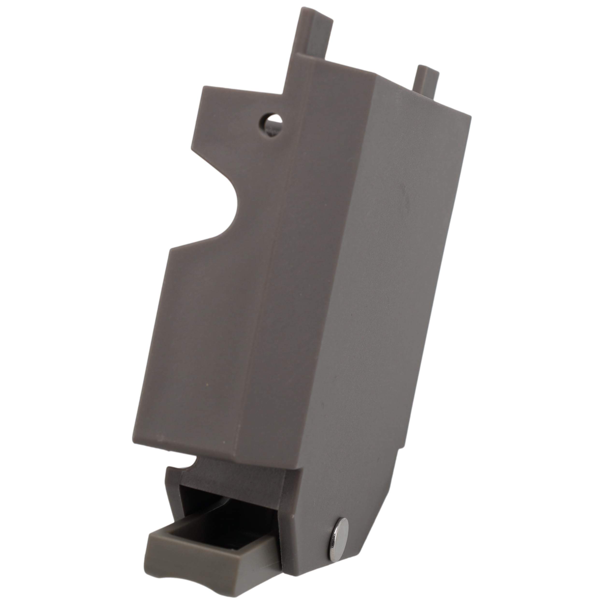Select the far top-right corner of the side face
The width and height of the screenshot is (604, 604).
[x=470, y=117]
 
